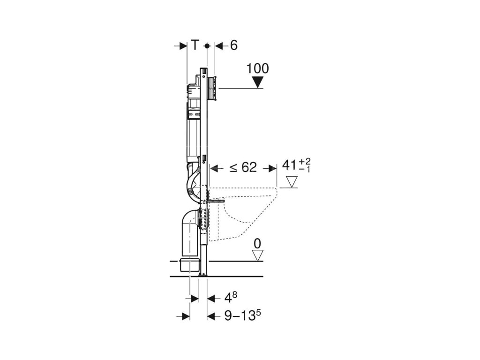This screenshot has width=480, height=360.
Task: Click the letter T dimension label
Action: click(195, 45)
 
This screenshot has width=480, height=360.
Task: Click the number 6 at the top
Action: click(233, 45)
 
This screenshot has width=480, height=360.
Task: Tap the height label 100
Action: click(257, 68)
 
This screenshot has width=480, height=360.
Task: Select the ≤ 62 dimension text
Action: click(243, 167)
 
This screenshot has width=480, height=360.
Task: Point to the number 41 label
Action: click(290, 165)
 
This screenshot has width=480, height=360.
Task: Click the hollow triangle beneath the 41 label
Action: click(292, 182)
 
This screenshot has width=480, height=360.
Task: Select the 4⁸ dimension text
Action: click(231, 297)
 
